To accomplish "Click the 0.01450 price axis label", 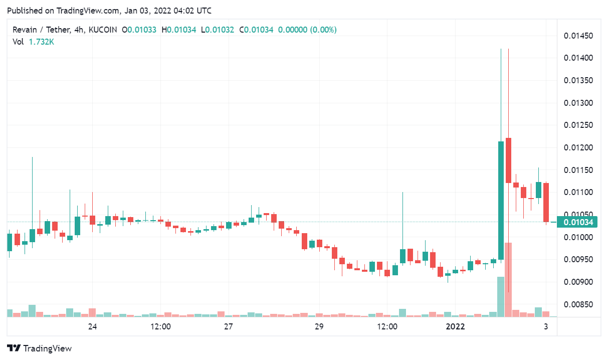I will coord(578,36).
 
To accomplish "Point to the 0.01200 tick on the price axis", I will coord(578,148).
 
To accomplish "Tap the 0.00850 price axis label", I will coord(578,305).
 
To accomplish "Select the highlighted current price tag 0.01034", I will coord(578,222).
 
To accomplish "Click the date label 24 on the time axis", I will coord(92,327).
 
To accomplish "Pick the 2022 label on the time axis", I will coord(455,327).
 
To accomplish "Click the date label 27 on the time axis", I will coord(228,327).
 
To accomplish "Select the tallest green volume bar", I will coord(501,297).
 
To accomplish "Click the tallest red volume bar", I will coord(508,280).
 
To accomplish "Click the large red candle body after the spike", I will coord(508,160).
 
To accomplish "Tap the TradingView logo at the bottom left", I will coord(40,348).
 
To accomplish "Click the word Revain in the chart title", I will coord(25,30).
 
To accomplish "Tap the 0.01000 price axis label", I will coord(578,238).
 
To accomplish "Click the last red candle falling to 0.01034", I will coord(546,202).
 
